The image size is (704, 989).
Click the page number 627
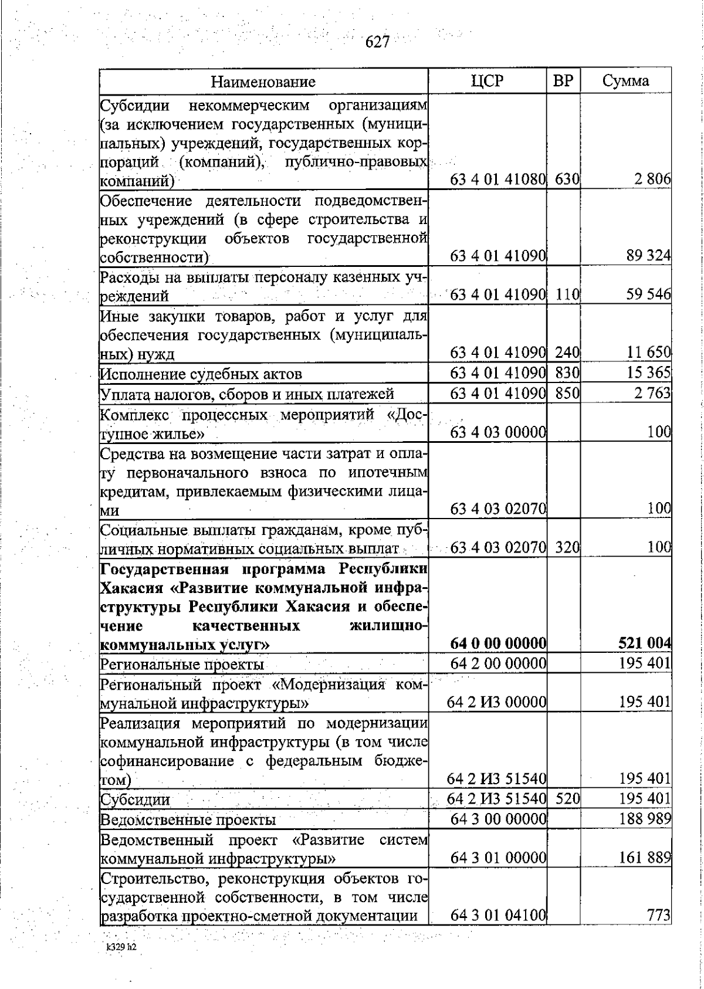pos(378,42)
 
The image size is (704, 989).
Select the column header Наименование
pos(263,81)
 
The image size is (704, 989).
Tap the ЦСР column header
pos(487,81)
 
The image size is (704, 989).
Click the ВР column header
pos(563,81)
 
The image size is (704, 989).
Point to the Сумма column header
pos(625,81)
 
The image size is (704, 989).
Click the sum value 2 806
pos(652,179)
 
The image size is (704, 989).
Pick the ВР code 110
pos(567,294)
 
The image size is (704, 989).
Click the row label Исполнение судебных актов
pos(201,374)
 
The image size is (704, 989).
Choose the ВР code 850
pos(567,393)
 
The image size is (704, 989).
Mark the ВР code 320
pos(567,548)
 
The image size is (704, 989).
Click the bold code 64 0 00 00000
pos(498,643)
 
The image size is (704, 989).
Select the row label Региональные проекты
pos(182,664)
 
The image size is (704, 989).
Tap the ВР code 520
pos(567,798)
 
